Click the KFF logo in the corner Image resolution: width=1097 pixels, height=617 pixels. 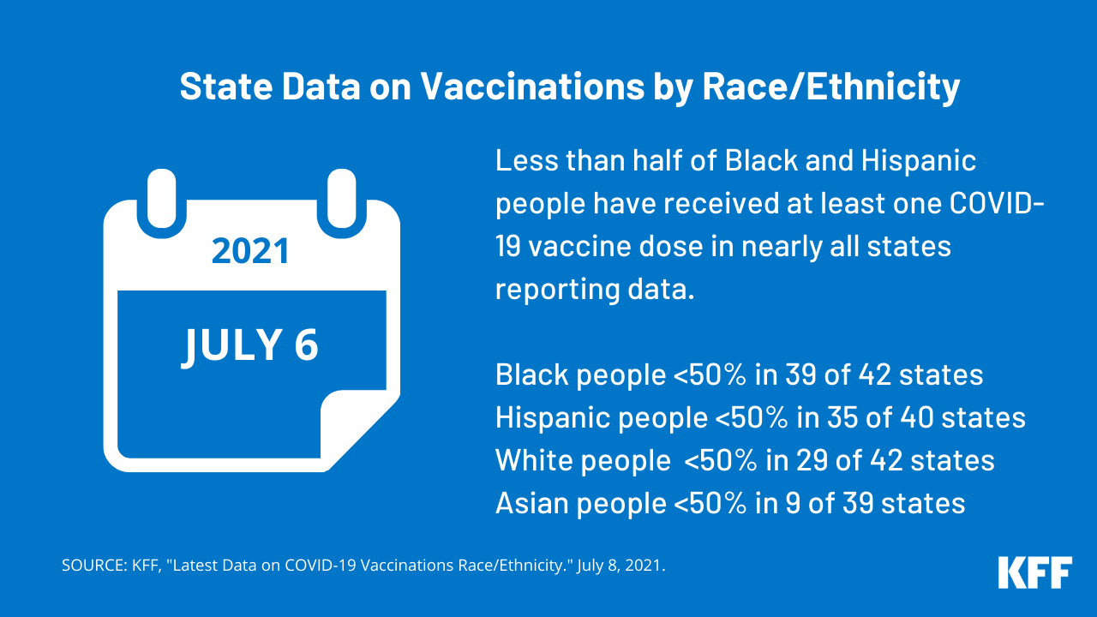coord(1034,572)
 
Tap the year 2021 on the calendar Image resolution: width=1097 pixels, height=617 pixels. coord(250,251)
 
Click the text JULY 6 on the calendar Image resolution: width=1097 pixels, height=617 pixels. coord(250,344)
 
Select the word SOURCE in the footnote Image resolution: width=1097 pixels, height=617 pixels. coord(93,566)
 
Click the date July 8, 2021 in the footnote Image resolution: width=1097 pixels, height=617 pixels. coord(627,566)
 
